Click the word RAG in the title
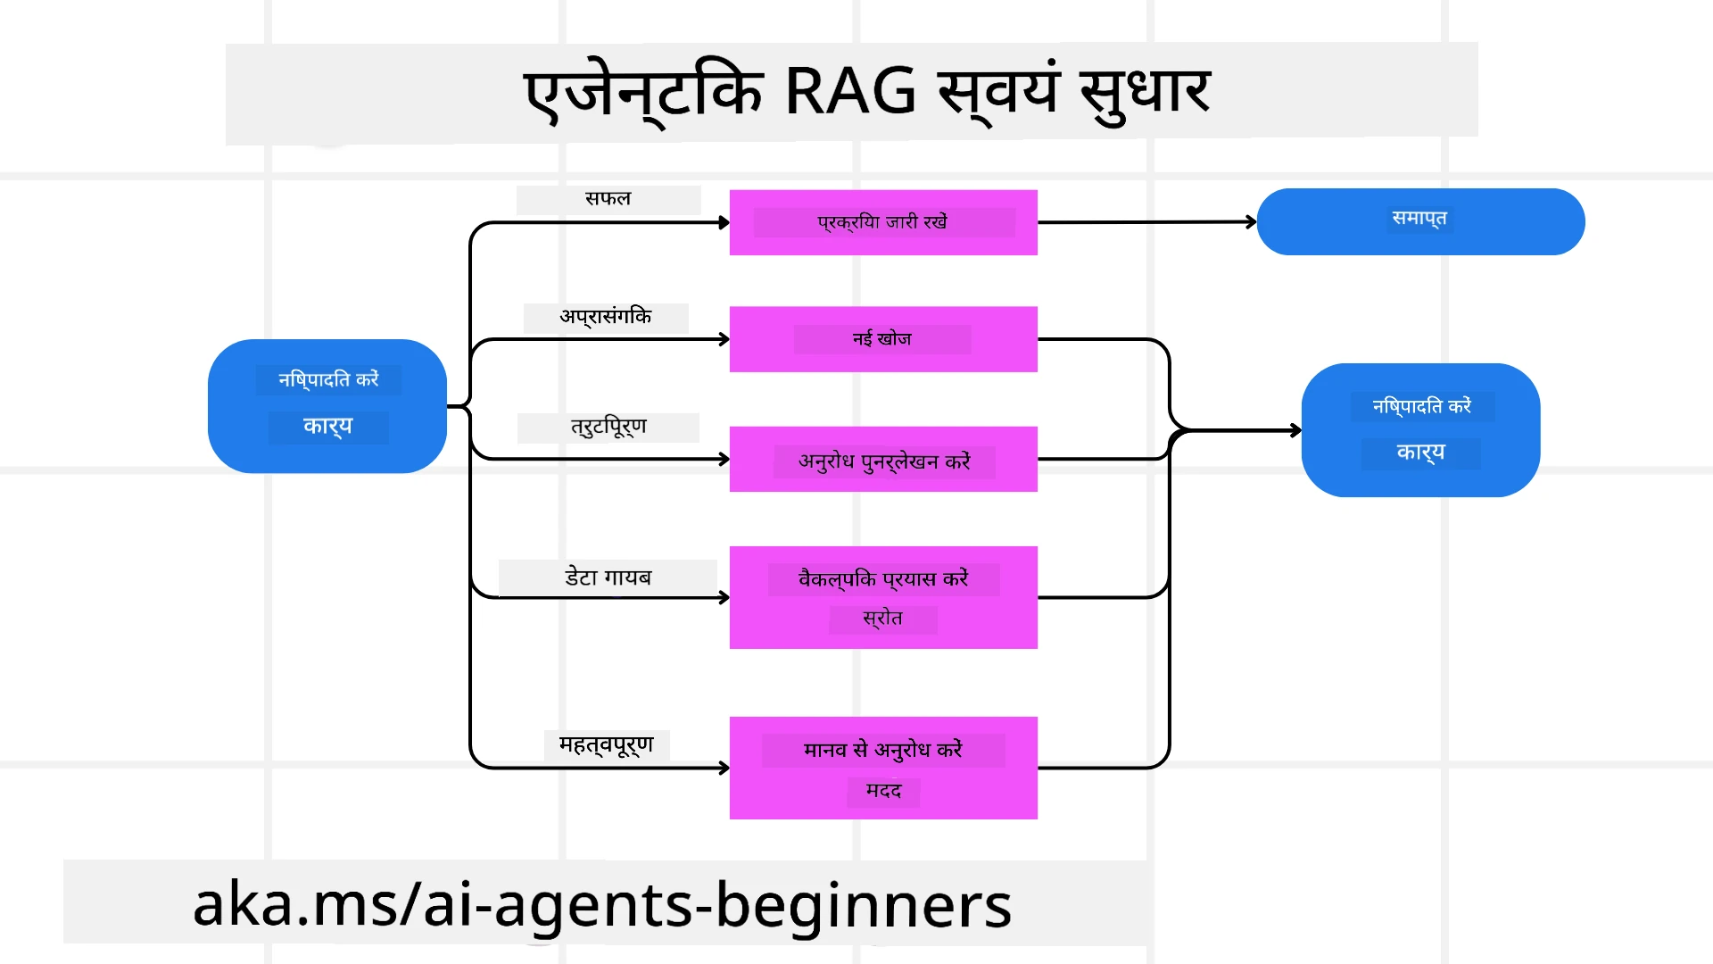coord(849,91)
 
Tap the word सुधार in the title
coord(1145,91)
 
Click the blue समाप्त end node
coord(1419,220)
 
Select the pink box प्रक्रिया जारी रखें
coord(883,222)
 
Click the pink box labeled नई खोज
coord(883,339)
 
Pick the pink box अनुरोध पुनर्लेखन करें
coord(883,461)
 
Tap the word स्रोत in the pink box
coord(882,619)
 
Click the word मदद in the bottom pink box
coord(883,791)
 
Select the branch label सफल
coord(608,198)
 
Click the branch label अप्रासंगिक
coord(606,317)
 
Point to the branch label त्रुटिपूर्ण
coord(608,427)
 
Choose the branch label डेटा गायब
coord(608,578)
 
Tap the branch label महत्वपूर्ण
coord(607,744)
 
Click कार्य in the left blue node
coord(327,426)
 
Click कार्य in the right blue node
coord(1420,453)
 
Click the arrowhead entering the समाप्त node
coord(1252,221)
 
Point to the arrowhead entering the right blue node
coord(1295,430)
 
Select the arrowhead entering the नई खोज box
coord(724,339)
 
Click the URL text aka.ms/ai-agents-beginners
coord(602,904)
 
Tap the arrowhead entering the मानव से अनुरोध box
coord(724,768)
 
